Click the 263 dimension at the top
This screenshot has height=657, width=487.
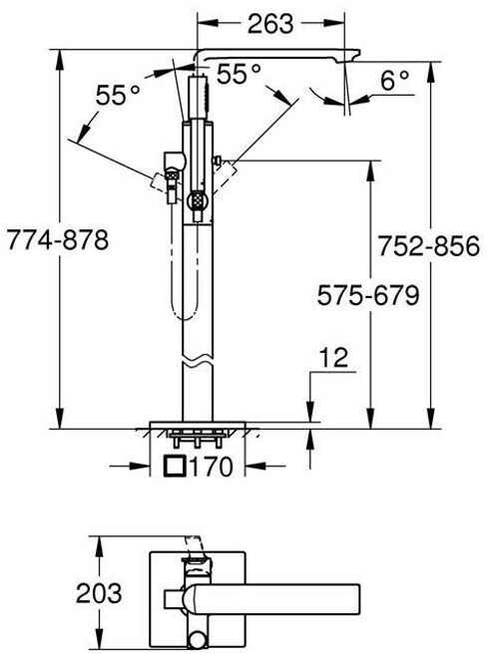270,24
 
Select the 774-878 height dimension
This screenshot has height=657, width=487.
58,240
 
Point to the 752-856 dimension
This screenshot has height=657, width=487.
429,246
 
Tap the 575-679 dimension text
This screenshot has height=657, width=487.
368,295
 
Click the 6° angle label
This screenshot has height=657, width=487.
395,80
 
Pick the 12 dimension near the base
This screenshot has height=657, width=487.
333,358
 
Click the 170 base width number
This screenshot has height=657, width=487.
211,467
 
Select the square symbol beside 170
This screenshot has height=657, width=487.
175,467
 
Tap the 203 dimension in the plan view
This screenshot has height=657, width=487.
99,593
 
